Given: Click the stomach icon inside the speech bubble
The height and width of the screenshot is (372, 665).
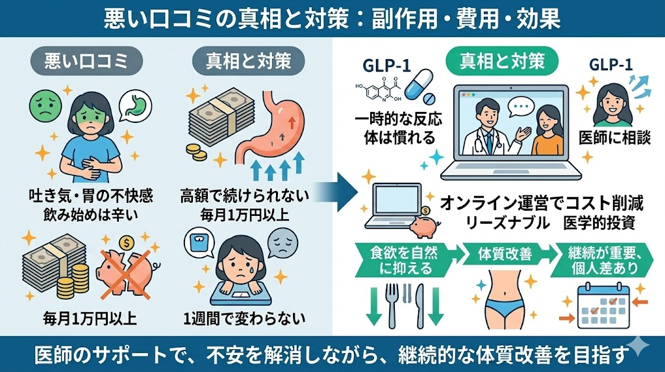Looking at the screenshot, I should click(138, 103).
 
